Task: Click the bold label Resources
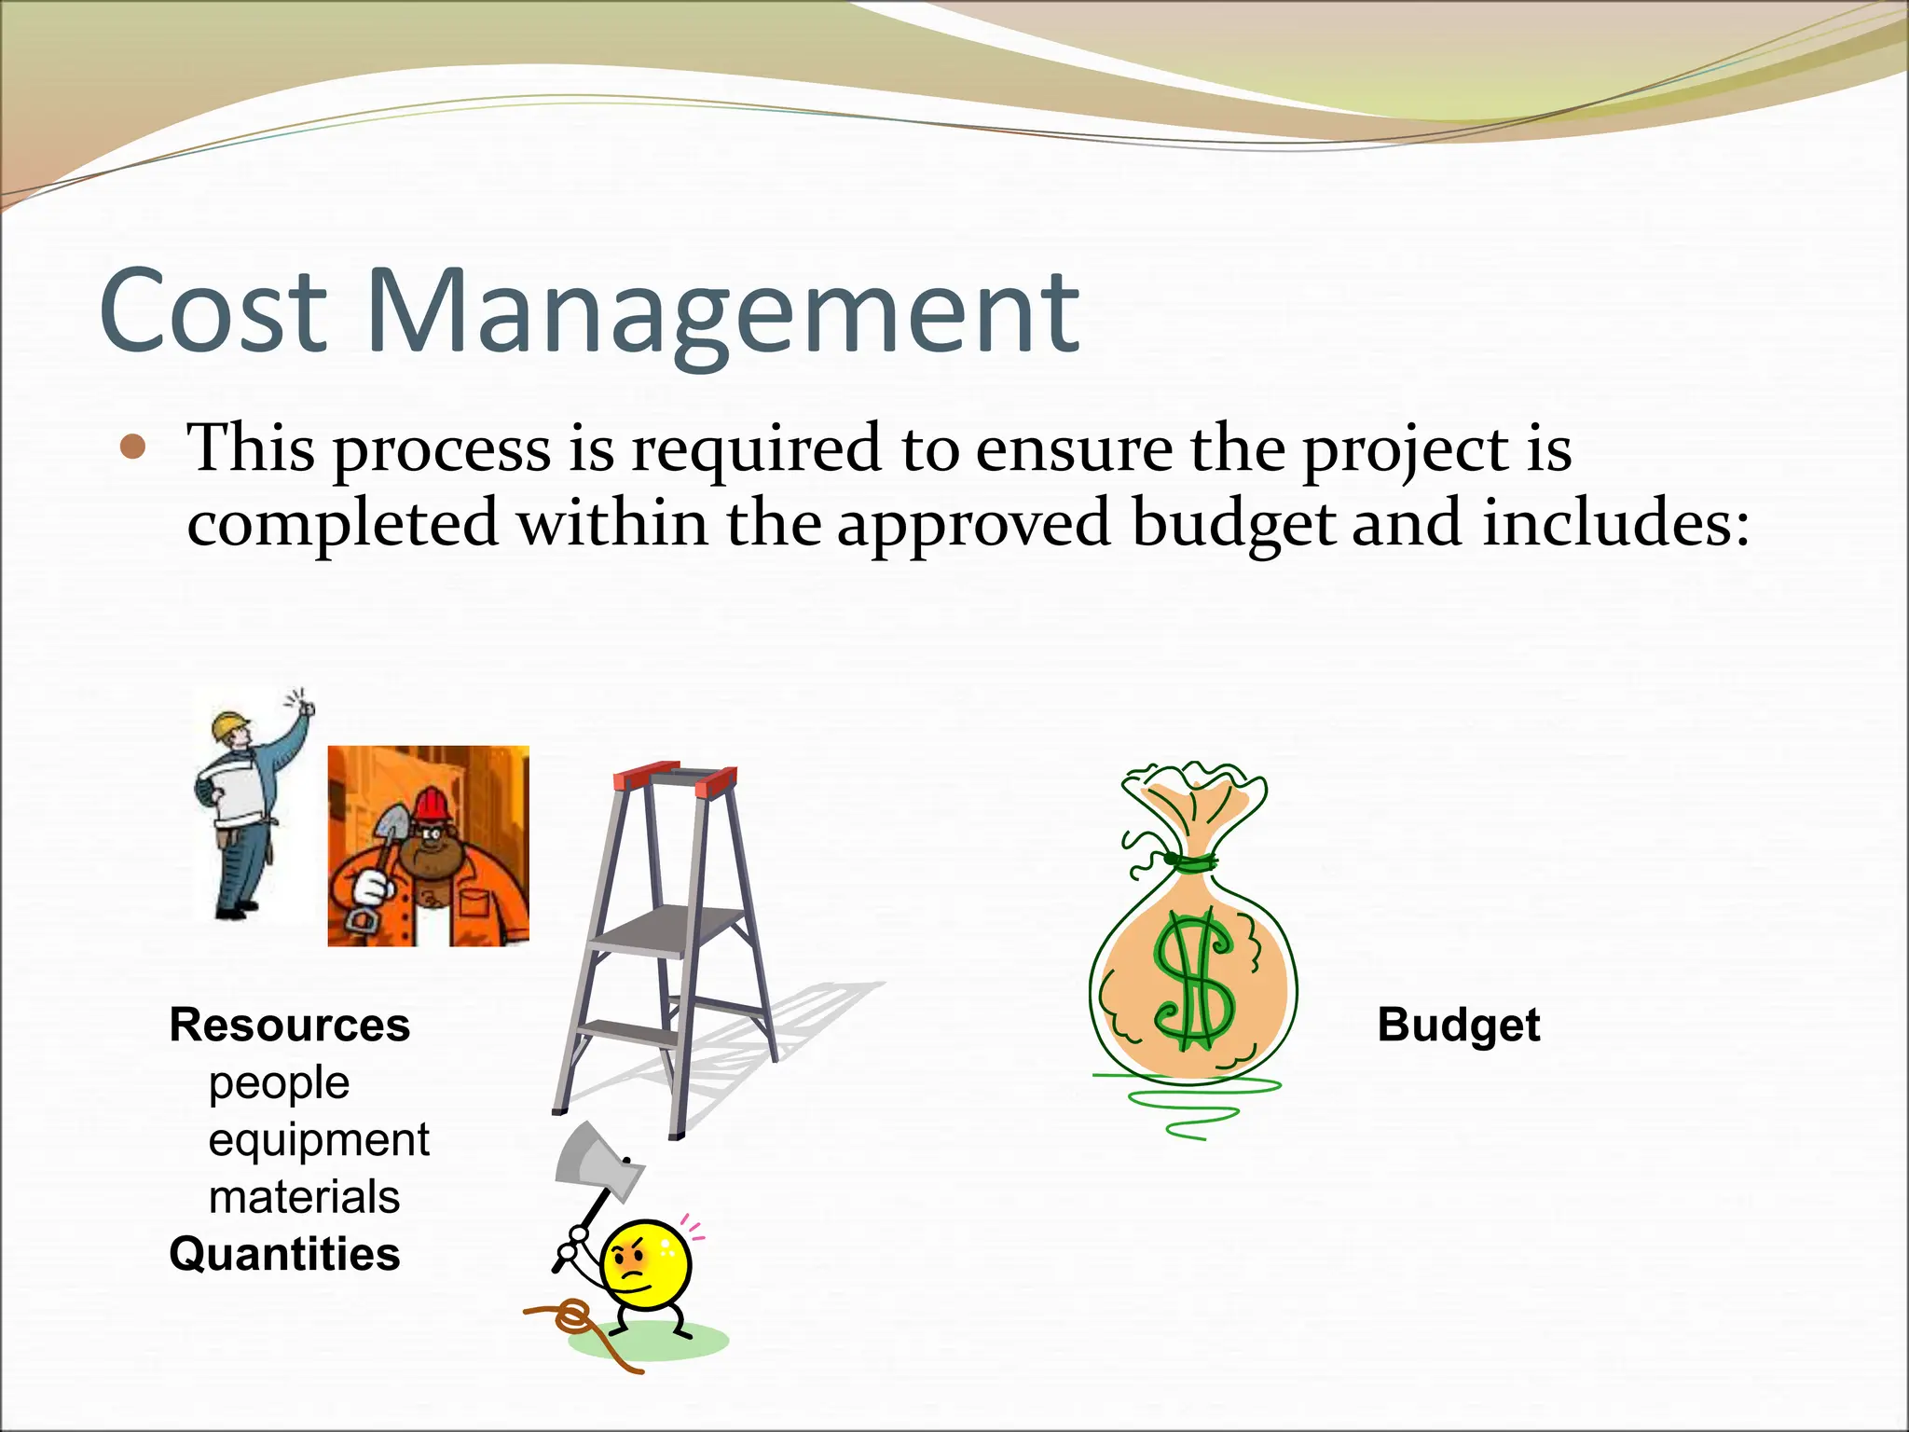tap(289, 1025)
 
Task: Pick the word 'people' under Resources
tap(279, 1083)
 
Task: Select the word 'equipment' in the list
tap(319, 1140)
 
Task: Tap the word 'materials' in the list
tap(304, 1197)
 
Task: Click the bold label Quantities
tap(284, 1254)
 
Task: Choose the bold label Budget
tap(1458, 1025)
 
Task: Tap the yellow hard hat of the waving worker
tap(229, 724)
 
